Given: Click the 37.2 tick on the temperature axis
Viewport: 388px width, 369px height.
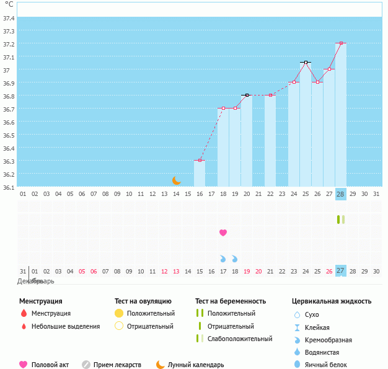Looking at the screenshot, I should pyautogui.click(x=9, y=44).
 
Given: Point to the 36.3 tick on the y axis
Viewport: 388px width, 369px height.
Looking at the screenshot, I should pyautogui.click(x=9, y=161).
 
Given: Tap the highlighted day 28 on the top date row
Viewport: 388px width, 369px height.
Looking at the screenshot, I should pyautogui.click(x=340, y=194).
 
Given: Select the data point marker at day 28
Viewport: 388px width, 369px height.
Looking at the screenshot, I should pyautogui.click(x=341, y=43).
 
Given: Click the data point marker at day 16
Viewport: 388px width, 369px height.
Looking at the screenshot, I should pyautogui.click(x=200, y=161).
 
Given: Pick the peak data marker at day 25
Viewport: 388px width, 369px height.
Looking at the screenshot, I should pyautogui.click(x=306, y=63).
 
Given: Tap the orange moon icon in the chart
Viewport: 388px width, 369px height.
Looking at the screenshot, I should pyautogui.click(x=177, y=180).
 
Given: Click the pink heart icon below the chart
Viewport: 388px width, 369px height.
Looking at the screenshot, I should pyautogui.click(x=223, y=233).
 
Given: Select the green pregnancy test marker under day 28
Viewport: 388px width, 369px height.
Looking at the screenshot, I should pyautogui.click(x=340, y=220).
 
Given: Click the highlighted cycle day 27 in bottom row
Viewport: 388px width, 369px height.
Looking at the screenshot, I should pyautogui.click(x=340, y=271).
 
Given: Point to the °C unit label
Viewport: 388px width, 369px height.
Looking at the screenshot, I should pyautogui.click(x=9, y=4).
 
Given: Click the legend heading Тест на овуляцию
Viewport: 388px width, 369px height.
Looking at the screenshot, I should pyautogui.click(x=143, y=301).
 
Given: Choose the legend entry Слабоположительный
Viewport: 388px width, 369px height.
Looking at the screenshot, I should pyautogui.click(x=240, y=339).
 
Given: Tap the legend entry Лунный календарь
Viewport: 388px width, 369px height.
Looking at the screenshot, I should pyautogui.click(x=195, y=365).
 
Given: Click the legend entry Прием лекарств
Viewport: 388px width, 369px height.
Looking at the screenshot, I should pyautogui.click(x=117, y=365).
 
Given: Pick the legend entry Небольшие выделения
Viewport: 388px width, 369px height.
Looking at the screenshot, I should pyautogui.click(x=65, y=326).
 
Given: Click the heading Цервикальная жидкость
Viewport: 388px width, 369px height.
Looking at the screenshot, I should pyautogui.click(x=332, y=301).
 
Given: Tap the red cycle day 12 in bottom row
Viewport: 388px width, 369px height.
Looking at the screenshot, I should pyautogui.click(x=164, y=271).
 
